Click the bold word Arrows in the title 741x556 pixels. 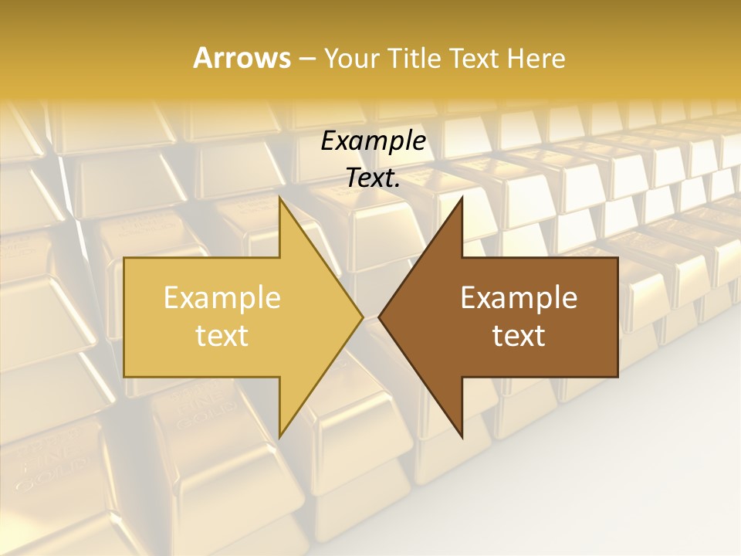pos(242,58)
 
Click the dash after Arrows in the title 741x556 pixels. pos(306,59)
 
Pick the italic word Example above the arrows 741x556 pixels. pos(374,141)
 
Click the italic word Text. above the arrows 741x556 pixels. pos(374,178)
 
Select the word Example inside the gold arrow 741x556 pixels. pos(222,298)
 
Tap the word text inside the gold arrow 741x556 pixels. pos(222,335)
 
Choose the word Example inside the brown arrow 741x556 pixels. pos(519,298)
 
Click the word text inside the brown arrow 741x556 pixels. pos(519,335)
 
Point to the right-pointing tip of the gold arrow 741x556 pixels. pos(362,317)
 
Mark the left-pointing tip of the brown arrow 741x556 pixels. pos(380,317)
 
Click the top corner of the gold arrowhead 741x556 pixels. pos(279,198)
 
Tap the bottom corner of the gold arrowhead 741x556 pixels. pos(279,436)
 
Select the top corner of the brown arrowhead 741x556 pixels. pos(462,198)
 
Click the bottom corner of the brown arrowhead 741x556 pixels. pos(462,436)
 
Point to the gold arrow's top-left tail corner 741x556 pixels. pos(125,259)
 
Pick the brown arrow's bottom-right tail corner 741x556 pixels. pos(617,376)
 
